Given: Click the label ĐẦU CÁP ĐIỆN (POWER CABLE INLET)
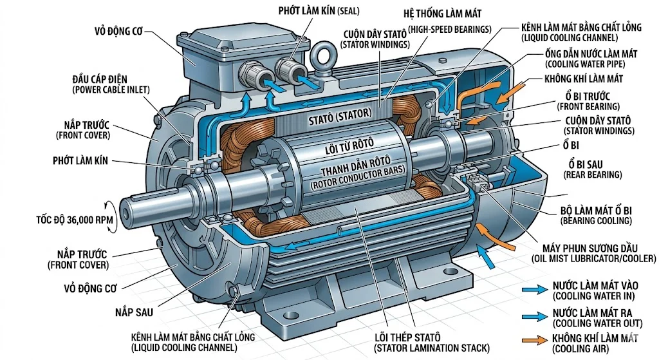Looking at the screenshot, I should [x=112, y=83].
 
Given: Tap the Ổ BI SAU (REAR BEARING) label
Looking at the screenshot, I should [x=593, y=169].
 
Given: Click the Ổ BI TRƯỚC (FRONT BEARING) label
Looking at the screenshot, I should [x=588, y=100].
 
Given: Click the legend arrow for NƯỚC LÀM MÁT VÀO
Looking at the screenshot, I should [x=535, y=290].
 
